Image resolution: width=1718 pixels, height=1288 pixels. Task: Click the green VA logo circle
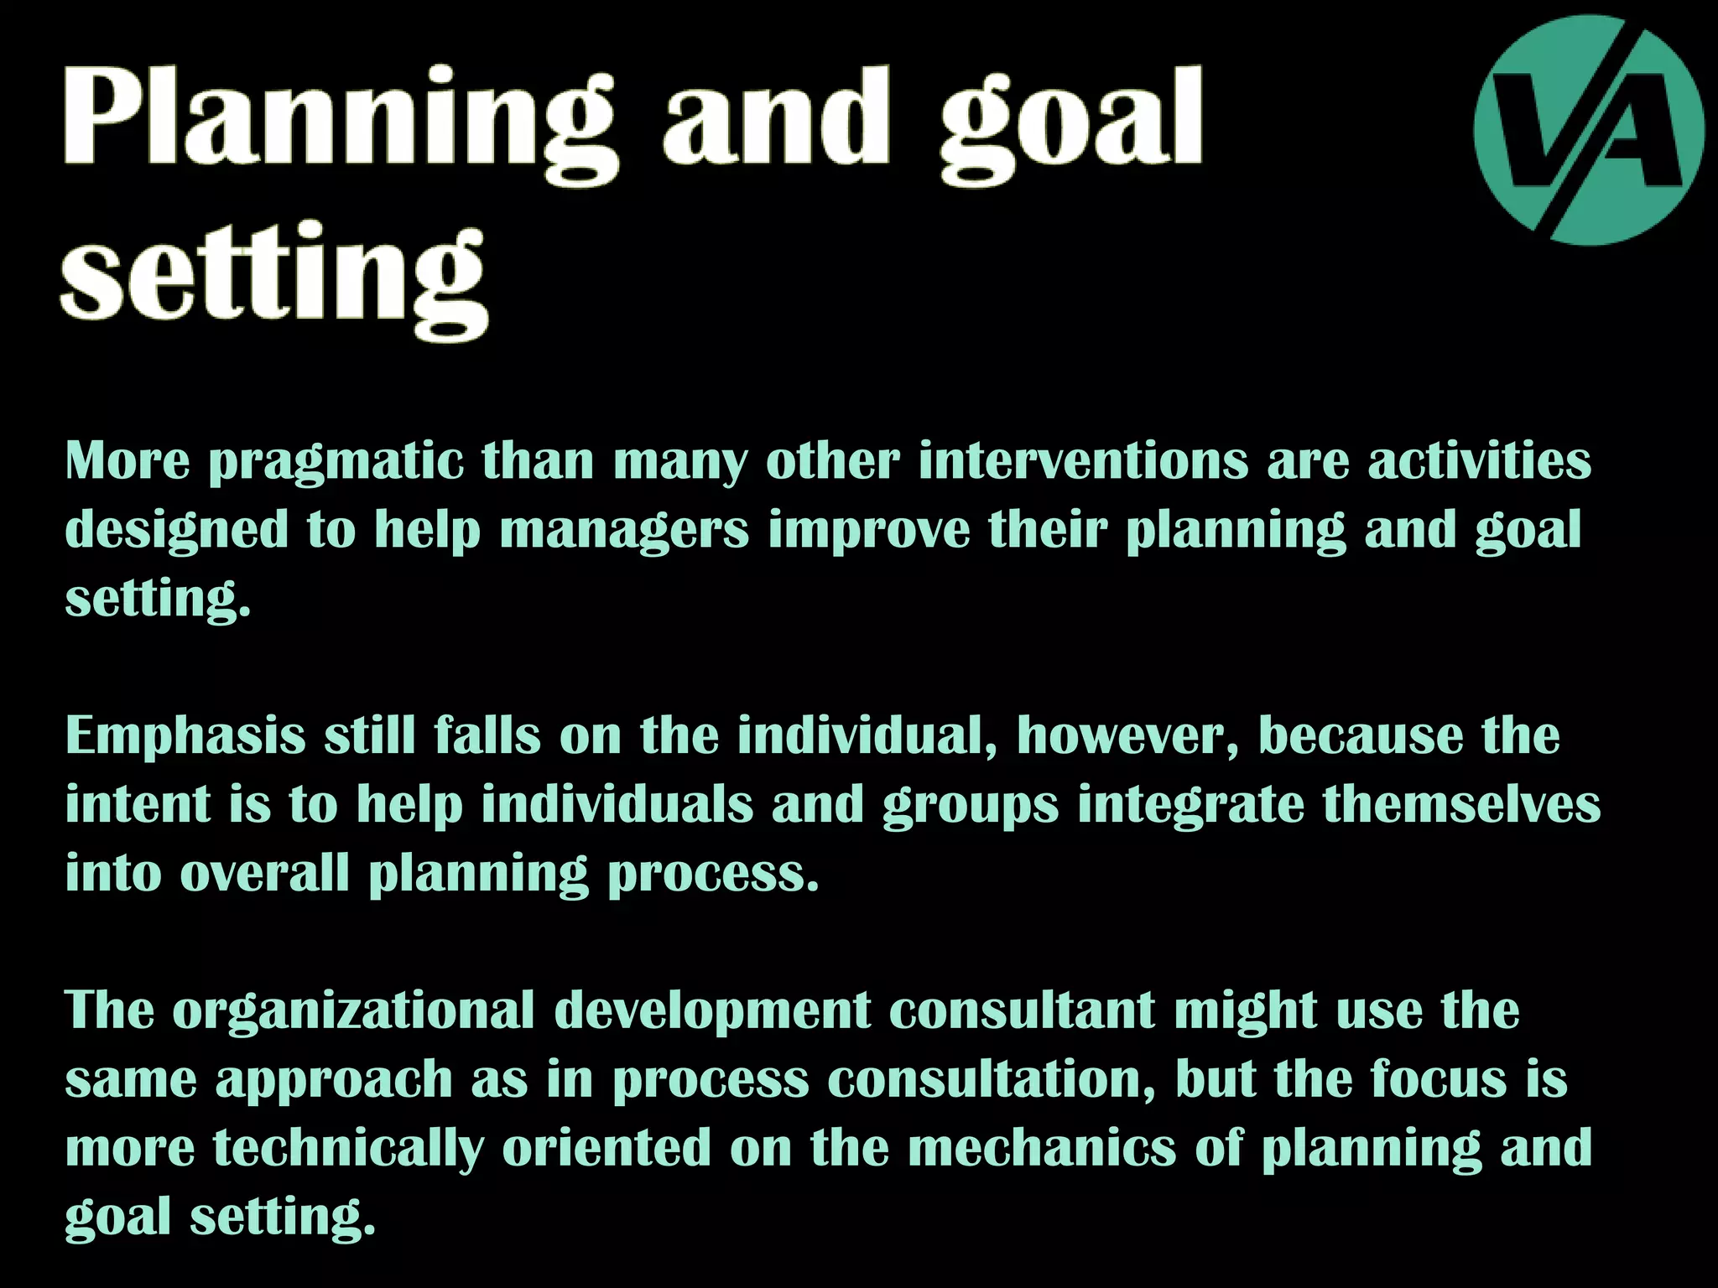(1589, 130)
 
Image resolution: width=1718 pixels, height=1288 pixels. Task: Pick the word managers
(623, 532)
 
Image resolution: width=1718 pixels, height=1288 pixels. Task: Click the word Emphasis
(185, 736)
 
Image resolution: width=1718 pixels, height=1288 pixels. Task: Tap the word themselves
(1461, 805)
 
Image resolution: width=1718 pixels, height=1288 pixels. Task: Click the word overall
(264, 874)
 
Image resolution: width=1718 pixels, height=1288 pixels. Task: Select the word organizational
(353, 1011)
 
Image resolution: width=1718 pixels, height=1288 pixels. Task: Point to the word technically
(348, 1149)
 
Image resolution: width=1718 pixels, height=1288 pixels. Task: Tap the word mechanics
(1042, 1147)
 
